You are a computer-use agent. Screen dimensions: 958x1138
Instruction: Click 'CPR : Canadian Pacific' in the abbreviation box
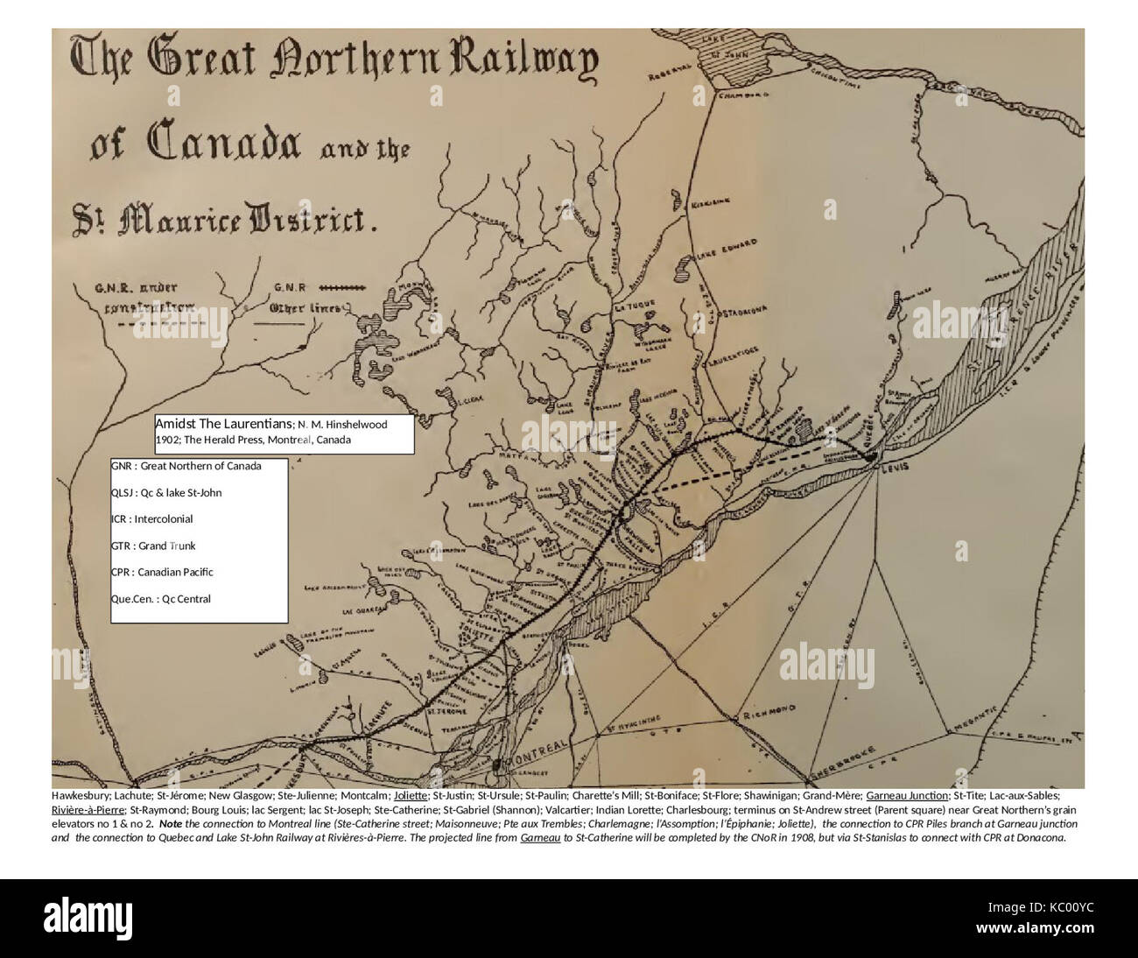163,572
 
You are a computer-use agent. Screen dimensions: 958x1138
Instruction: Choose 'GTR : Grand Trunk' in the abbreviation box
154,546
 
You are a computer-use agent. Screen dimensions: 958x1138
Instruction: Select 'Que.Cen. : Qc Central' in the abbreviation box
161,599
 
